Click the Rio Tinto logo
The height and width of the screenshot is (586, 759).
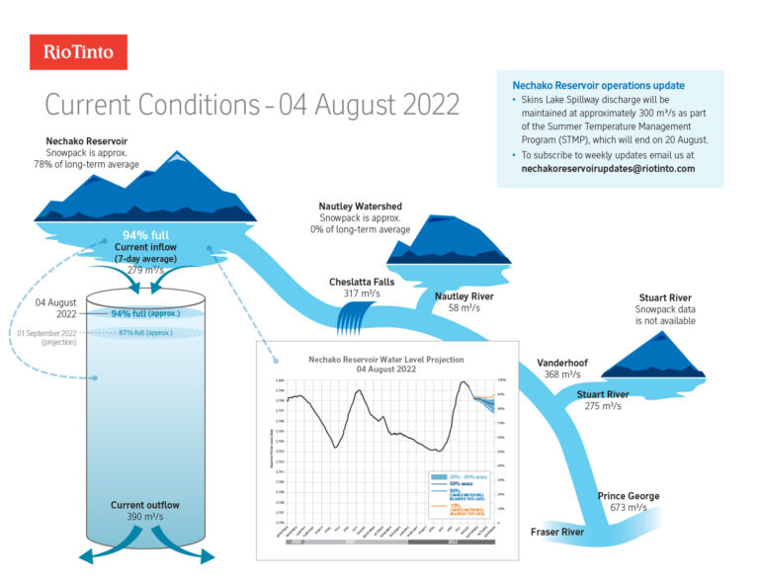point(78,52)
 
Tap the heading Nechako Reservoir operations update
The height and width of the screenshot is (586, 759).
point(598,86)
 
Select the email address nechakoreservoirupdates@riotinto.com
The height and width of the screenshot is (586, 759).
point(608,169)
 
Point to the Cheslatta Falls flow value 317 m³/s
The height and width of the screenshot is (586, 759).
point(357,293)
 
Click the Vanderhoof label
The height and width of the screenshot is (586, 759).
point(562,363)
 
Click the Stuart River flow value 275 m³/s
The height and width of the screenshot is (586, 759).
point(603,406)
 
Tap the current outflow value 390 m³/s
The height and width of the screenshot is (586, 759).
point(145,517)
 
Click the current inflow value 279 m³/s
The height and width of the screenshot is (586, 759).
point(145,270)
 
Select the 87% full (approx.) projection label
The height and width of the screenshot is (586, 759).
point(145,332)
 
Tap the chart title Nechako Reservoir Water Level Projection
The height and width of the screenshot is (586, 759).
point(385,359)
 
